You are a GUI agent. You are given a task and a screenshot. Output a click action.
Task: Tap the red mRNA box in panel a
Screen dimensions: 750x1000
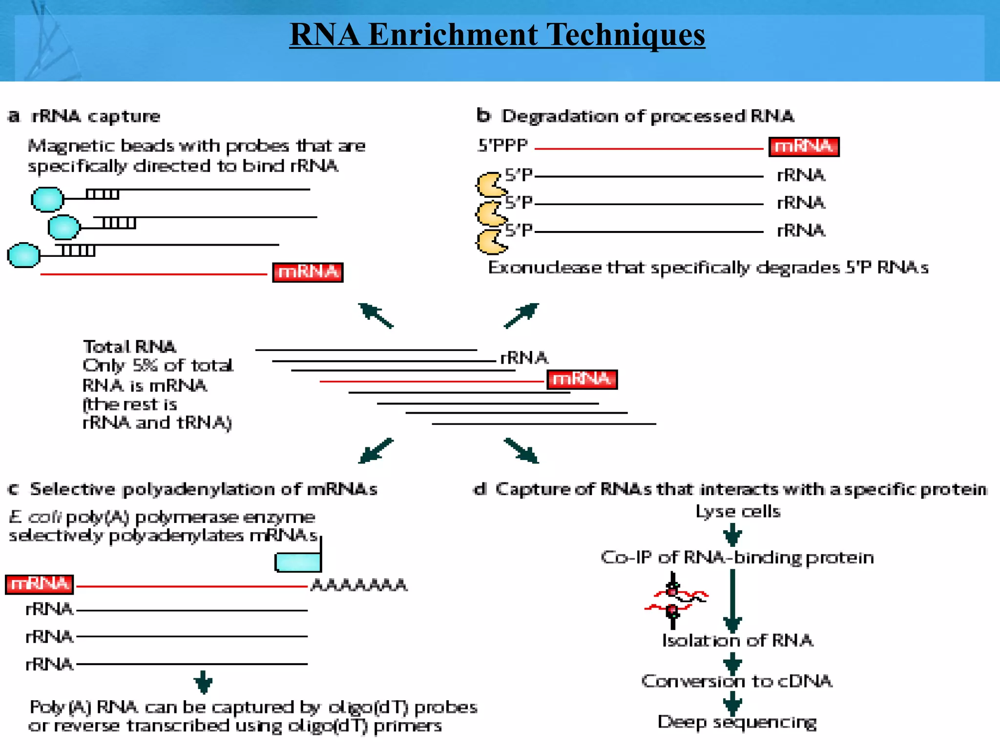(308, 272)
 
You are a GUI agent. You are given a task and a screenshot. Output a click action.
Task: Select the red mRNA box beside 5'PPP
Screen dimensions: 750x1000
(804, 146)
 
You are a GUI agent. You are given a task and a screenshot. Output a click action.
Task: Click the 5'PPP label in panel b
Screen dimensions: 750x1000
(503, 146)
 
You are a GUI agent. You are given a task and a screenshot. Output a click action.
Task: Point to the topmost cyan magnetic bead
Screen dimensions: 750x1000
(47, 199)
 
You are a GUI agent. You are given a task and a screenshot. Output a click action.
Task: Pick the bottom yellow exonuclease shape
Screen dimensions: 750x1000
(490, 242)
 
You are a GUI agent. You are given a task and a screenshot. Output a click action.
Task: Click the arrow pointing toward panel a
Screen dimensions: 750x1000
(375, 315)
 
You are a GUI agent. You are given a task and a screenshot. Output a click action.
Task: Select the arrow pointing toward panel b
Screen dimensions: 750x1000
(521, 315)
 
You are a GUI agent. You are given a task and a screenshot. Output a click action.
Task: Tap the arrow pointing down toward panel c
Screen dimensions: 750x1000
(375, 451)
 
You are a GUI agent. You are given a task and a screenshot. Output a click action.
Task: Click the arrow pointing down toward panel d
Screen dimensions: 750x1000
(521, 451)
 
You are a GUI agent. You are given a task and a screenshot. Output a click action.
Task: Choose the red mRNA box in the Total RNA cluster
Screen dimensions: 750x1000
(582, 379)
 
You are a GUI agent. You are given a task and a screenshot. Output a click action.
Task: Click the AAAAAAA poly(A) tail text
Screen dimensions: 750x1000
(359, 585)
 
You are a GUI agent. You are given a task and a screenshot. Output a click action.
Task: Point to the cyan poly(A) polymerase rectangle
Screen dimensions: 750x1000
(298, 562)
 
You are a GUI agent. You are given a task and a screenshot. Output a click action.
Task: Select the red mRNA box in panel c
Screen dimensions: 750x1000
(40, 584)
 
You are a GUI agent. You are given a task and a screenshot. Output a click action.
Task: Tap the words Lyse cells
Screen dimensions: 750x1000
(738, 511)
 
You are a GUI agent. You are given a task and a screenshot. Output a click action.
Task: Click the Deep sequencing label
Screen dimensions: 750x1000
(737, 722)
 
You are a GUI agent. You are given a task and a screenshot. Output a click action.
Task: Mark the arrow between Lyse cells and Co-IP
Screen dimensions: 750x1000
(732, 535)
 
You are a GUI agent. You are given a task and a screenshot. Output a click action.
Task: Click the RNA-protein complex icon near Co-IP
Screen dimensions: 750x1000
(675, 601)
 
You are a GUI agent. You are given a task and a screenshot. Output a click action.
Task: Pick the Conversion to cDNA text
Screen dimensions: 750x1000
(737, 681)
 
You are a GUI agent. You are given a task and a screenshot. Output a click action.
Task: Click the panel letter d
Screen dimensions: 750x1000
(480, 489)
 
